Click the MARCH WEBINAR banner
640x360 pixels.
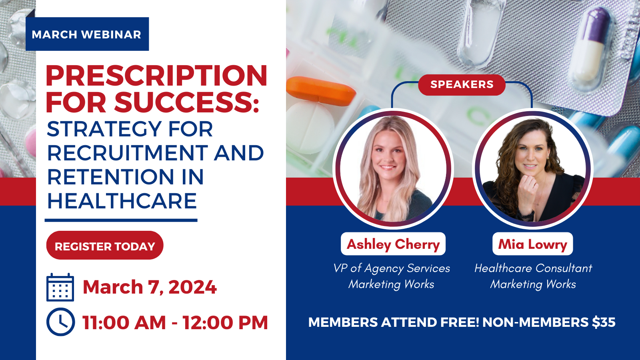[87, 34]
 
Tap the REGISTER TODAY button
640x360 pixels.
[105, 246]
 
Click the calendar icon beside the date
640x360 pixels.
[60, 287]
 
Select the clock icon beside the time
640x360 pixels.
[60, 322]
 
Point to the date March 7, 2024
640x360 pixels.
[150, 287]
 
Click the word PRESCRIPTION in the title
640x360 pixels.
[156, 76]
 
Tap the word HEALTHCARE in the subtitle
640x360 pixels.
[122, 201]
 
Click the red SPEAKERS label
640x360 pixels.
[462, 84]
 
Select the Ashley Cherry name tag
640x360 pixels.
[393, 244]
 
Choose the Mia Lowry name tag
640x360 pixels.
[533, 244]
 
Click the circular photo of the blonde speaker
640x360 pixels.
[393, 169]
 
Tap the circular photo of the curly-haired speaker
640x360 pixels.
[533, 169]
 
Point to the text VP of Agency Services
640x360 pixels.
[392, 268]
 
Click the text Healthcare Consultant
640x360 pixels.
[533, 268]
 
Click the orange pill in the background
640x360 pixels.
[320, 90]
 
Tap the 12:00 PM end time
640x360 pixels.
[225, 322]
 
